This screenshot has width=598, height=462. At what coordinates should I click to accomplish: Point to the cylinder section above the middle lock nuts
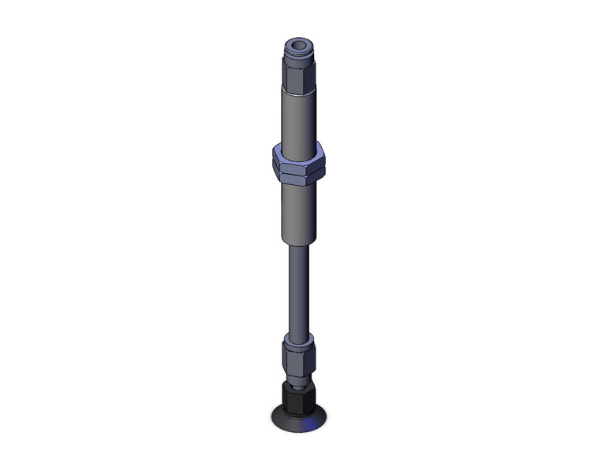pyautogui.click(x=298, y=118)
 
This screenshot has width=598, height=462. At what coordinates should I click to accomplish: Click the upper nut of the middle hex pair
pyautogui.click(x=298, y=155)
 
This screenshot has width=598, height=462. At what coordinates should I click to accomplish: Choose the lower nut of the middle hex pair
pyautogui.click(x=298, y=172)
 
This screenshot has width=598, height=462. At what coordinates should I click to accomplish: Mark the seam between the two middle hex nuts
pyautogui.click(x=298, y=165)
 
